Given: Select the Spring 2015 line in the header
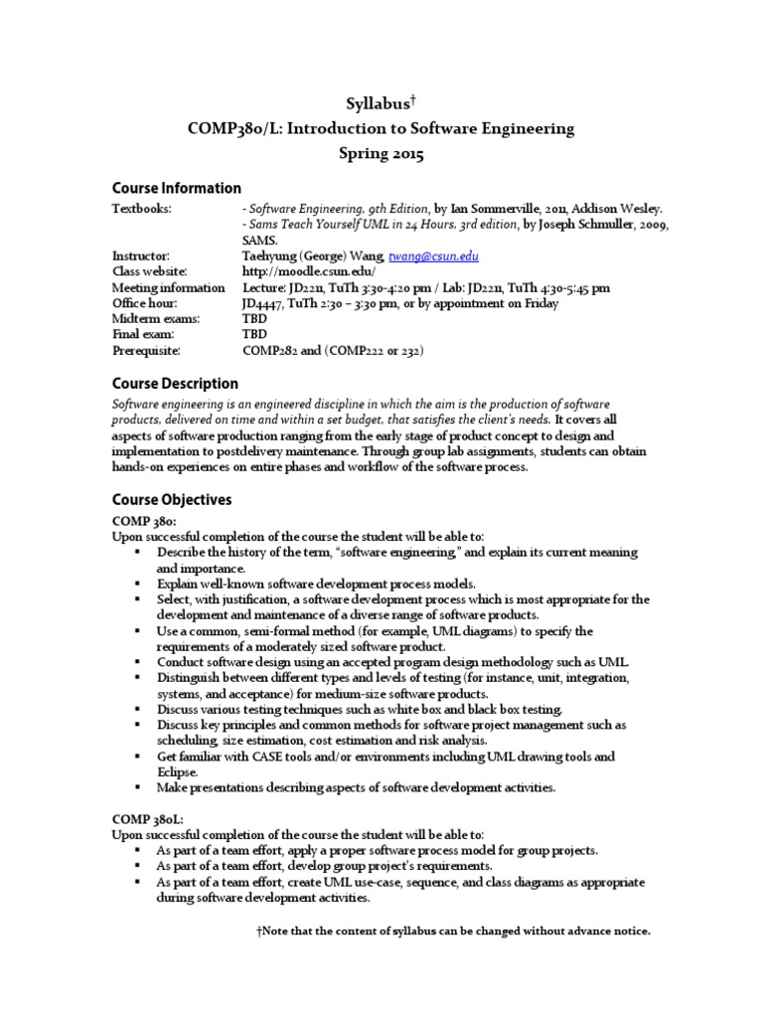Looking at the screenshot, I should tap(381, 154).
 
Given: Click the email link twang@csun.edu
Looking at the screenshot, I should tap(443, 255).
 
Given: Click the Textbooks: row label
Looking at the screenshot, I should tap(142, 208).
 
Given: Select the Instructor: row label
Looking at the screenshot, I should tap(141, 255).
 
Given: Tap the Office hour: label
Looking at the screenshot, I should tap(145, 303).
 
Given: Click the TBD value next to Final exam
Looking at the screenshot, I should tap(254, 335).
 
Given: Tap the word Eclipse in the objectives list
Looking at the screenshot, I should tap(178, 771).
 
